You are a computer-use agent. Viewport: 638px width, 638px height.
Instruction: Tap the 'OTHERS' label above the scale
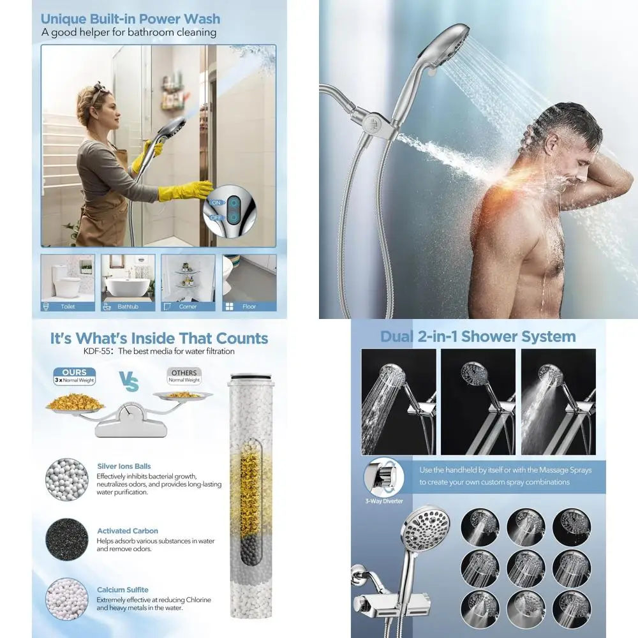[x=184, y=373]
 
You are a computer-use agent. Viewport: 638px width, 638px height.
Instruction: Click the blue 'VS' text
[x=128, y=383]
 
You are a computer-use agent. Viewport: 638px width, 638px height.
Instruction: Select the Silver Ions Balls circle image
[x=66, y=477]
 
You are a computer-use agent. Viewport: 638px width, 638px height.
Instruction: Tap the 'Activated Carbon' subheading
[x=128, y=531]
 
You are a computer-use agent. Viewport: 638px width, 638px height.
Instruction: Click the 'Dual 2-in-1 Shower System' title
[x=478, y=337]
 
